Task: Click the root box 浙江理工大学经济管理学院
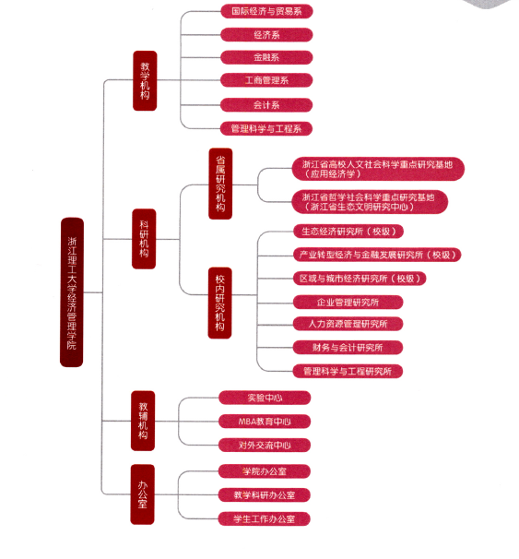click(72, 292)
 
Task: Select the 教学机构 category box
click(145, 80)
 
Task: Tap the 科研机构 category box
click(144, 239)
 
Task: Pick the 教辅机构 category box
click(143, 421)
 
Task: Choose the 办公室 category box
click(143, 494)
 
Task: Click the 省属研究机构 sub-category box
click(220, 184)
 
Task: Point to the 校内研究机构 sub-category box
click(219, 303)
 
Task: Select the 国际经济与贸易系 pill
click(266, 11)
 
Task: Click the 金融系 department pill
click(266, 57)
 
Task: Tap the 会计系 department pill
click(266, 105)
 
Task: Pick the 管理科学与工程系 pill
click(266, 129)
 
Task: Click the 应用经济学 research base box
click(378, 169)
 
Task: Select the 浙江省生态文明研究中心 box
click(370, 202)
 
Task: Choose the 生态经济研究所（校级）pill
click(348, 232)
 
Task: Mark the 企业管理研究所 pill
click(348, 303)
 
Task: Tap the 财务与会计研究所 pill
click(348, 348)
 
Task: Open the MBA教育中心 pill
click(265, 422)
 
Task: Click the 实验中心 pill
click(265, 398)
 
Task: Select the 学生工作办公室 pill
click(264, 518)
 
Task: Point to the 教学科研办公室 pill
click(265, 494)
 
